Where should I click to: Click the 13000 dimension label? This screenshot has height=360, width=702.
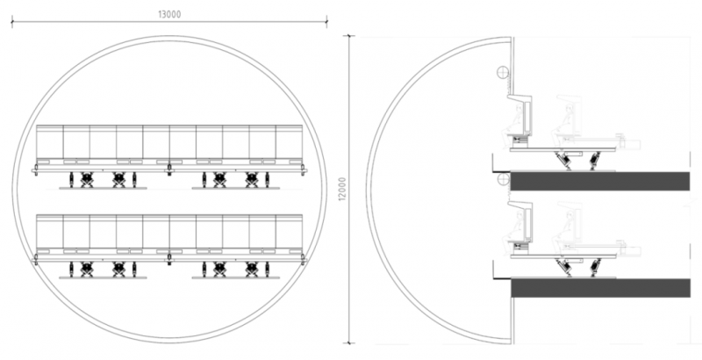click(169, 14)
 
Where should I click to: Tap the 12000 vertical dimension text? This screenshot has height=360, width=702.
click(342, 189)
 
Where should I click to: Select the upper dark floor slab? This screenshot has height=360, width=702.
click(599, 181)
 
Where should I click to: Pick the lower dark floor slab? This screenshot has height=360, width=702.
click(600, 288)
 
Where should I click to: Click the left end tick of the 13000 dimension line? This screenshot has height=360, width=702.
click(12, 21)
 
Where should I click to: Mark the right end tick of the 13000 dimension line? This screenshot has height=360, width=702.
click(326, 21)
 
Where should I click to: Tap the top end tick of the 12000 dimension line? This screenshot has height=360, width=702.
click(349, 36)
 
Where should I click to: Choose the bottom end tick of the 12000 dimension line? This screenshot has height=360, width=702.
click(349, 343)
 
